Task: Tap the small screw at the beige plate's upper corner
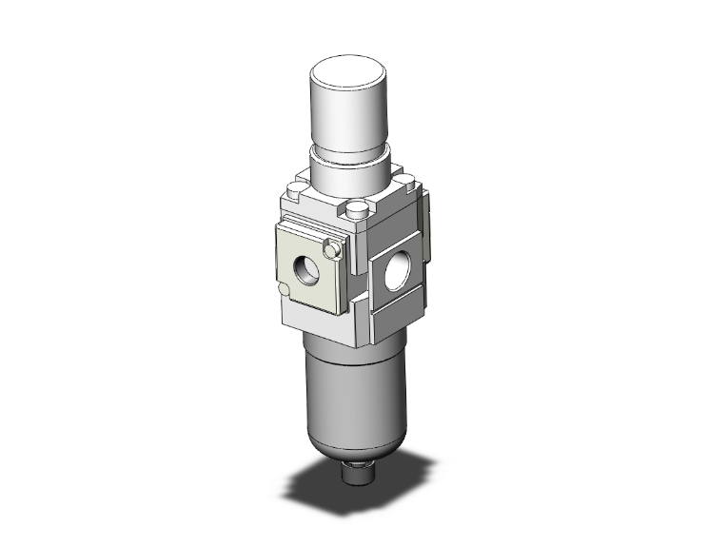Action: (332, 250)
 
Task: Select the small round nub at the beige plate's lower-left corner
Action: (284, 289)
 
